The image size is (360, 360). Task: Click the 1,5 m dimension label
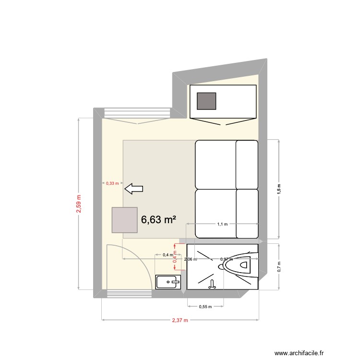(279, 189)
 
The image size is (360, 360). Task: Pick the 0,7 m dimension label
(279, 267)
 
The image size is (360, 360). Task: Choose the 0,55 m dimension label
(205, 307)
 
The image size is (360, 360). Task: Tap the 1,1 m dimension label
(222, 224)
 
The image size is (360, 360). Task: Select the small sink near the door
(168, 282)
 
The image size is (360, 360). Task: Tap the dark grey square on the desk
(207, 101)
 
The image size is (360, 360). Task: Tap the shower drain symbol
(212, 286)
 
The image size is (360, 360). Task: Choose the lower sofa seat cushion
(216, 214)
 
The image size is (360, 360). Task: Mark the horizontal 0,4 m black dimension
(168, 255)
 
